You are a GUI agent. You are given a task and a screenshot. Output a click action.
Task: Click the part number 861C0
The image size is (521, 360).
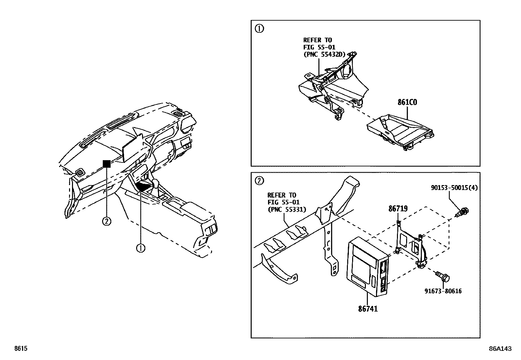[407, 102]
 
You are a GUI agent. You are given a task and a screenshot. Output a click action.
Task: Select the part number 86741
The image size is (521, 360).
[368, 309]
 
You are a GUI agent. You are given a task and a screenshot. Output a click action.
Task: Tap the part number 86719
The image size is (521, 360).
[398, 209]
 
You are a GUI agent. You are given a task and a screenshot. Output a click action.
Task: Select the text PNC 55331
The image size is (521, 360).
[287, 209]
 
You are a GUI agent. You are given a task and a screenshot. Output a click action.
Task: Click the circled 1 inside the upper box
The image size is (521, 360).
[259, 29]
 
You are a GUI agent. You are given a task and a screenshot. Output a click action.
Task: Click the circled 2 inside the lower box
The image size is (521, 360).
[259, 180]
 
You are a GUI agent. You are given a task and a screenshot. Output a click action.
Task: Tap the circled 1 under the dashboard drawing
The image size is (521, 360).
[140, 248]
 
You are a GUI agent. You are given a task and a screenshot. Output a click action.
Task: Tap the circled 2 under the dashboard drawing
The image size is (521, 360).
[107, 221]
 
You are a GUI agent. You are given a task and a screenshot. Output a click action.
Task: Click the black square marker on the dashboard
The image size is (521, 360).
[107, 163]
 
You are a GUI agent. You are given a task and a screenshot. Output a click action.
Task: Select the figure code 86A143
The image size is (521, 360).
[500, 349]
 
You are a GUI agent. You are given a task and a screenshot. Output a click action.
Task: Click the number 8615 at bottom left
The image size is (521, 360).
[20, 349]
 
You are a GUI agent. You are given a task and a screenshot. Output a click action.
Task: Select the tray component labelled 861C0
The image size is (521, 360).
[401, 133]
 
